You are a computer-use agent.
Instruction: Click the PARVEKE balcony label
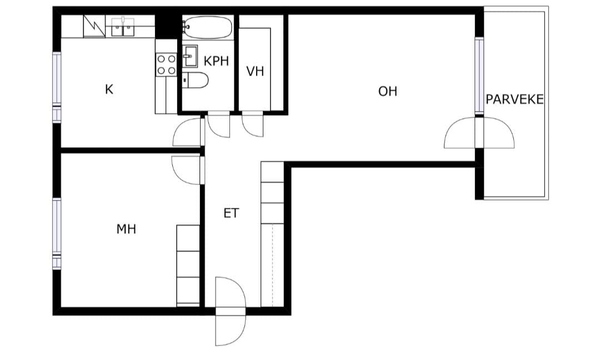click(514, 99)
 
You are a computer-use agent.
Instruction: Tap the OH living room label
click(388, 92)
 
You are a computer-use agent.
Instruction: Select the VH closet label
click(255, 71)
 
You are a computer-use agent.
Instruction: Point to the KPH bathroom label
click(216, 61)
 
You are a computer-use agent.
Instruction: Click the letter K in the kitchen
click(109, 89)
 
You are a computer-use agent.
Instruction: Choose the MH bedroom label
click(126, 229)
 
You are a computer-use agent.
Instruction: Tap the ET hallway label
click(231, 213)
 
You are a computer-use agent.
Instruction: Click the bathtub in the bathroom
click(207, 27)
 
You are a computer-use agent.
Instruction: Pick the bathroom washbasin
click(190, 56)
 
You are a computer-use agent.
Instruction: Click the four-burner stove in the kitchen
click(167, 64)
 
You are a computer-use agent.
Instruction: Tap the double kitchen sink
click(123, 27)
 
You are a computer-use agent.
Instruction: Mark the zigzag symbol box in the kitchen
click(94, 26)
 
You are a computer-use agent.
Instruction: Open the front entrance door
click(230, 311)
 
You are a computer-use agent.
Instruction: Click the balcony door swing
click(479, 133)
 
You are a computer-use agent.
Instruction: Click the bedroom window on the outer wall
click(57, 233)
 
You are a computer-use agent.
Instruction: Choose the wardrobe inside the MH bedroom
click(188, 266)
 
